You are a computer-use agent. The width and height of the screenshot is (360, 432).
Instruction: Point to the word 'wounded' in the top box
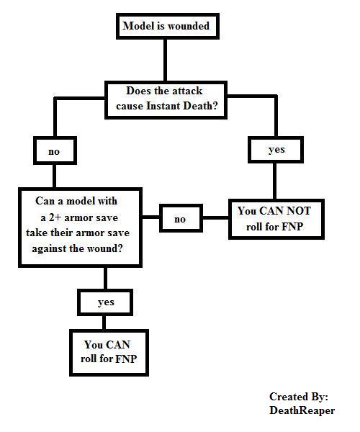tap(189, 26)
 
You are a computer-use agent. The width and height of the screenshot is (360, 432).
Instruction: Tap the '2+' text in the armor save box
tap(55, 217)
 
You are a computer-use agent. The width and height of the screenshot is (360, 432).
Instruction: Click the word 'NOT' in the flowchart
tap(298, 211)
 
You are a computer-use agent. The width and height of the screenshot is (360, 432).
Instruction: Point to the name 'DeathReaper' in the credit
tap(302, 410)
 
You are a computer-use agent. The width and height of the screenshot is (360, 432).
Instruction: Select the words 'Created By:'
tap(299, 397)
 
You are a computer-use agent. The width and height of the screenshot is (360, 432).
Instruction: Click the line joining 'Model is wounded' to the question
tap(166, 60)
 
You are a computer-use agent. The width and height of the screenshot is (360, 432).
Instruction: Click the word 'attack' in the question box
tap(186, 91)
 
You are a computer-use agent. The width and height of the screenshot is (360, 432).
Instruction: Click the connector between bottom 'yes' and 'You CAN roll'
tap(104, 323)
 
